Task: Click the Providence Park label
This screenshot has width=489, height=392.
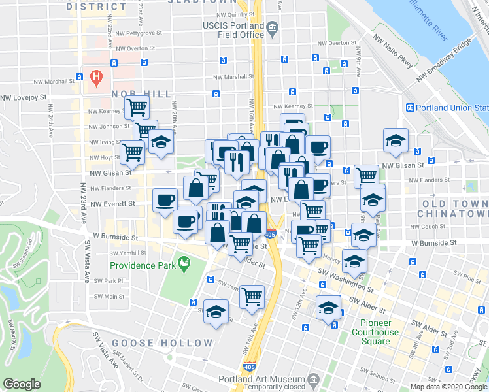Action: [x=144, y=265]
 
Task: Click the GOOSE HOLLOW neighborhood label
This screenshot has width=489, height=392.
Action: [x=162, y=343]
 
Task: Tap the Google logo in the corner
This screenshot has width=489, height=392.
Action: [x=22, y=385]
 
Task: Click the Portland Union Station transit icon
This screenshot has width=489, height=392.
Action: [x=410, y=108]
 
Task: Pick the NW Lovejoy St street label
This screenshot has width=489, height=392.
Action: [x=24, y=97]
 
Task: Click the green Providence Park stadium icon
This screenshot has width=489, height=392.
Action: [x=184, y=265]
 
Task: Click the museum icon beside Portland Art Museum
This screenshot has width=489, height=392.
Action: [x=312, y=379]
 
